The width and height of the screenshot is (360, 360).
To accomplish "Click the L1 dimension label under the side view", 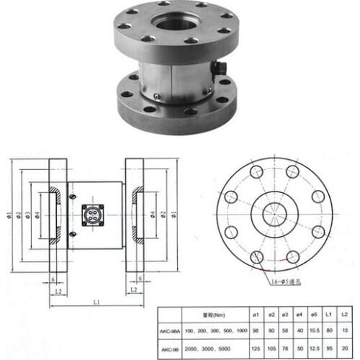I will tap(96, 303).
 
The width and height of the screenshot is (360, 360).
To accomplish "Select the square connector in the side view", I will tap(91, 216).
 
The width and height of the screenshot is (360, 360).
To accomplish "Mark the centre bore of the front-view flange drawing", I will tap(274, 214).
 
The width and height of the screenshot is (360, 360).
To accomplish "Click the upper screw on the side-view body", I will tap(72, 196).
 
